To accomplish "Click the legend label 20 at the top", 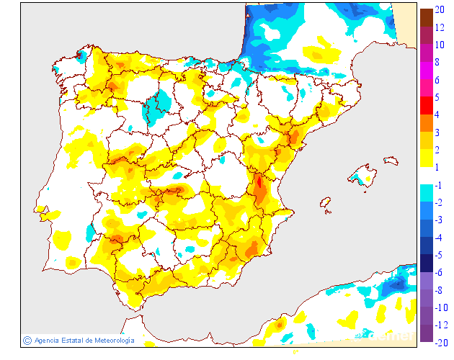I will coord(440,10).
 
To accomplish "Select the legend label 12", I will coord(440,28).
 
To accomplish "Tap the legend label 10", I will coord(440,45).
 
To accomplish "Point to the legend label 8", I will coord(437,63).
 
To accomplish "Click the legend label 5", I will coord(437,97).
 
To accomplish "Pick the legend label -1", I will coord(438,185).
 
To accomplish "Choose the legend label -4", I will coord(438,238).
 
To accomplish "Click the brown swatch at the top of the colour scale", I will coord(427,17).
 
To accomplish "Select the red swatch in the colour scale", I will coord(427,105).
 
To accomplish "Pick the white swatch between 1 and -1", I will coord(427,175).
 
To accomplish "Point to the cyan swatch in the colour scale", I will coord(427,193).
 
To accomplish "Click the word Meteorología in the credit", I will coord(110,341).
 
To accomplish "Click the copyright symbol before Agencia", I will coord(27,341).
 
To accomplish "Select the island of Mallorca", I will coord(364,176).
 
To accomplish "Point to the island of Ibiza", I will coord(326,204).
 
